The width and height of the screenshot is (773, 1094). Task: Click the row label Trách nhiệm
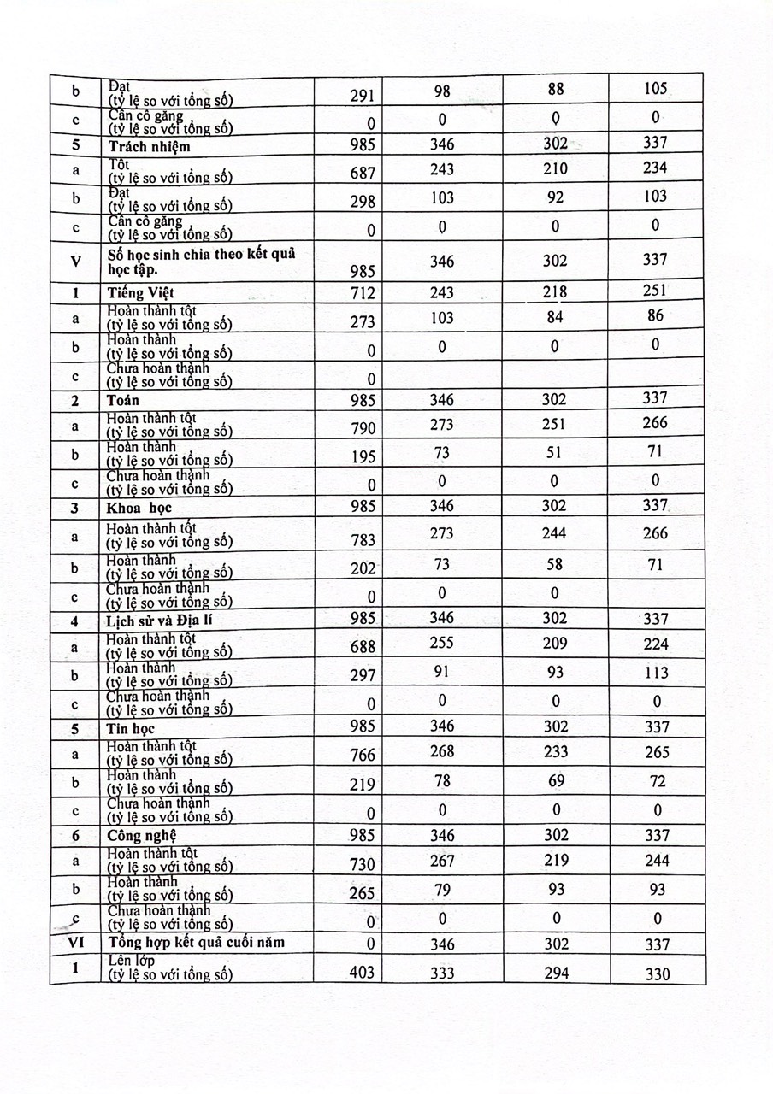pyautogui.click(x=149, y=146)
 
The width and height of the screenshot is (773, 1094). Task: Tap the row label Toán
pyautogui.click(x=124, y=400)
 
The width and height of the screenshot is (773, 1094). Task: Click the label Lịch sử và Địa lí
pyautogui.click(x=158, y=621)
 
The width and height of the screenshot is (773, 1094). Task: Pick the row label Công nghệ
pyautogui.click(x=143, y=835)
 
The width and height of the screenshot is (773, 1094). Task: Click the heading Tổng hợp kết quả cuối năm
pyautogui.click(x=196, y=943)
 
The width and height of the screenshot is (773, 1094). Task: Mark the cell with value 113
pyautogui.click(x=655, y=673)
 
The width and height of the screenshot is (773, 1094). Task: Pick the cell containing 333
pyautogui.click(x=442, y=973)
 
